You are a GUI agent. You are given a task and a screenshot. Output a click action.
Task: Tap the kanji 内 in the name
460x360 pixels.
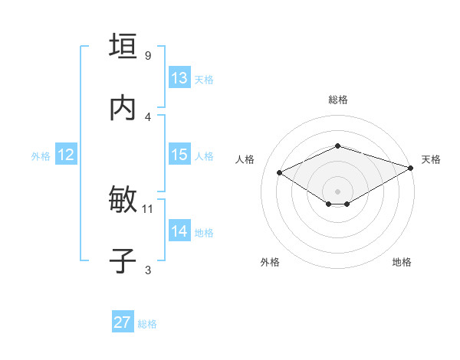123,109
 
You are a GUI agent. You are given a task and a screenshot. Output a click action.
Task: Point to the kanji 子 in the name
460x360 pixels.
123,261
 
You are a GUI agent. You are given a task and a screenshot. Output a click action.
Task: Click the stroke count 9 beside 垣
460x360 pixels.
148,55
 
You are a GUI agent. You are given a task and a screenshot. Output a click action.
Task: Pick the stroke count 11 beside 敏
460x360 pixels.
149,208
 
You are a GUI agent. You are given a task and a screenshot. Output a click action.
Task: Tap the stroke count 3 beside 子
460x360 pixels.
148,270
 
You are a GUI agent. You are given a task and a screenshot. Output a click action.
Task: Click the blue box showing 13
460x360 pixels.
179,78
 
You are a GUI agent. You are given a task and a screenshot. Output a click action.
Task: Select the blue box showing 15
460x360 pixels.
179,155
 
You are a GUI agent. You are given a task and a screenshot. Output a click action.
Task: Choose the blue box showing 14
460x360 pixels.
179,231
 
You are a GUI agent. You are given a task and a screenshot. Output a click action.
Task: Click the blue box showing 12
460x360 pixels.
66,155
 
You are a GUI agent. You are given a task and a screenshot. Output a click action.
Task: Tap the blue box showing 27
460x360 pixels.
123,322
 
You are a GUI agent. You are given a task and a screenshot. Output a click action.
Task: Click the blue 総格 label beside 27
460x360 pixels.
147,324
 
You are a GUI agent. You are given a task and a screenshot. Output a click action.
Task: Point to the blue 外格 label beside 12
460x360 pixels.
41,156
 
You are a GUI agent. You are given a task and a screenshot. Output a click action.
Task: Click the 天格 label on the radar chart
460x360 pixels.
431,159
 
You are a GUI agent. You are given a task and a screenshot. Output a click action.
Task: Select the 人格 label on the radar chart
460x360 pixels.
245,159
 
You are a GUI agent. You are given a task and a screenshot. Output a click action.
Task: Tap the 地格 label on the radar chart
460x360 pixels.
402,262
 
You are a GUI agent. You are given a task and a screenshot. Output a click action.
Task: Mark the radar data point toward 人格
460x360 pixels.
280,172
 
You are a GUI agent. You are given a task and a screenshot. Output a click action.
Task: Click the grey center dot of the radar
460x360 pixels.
337,191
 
